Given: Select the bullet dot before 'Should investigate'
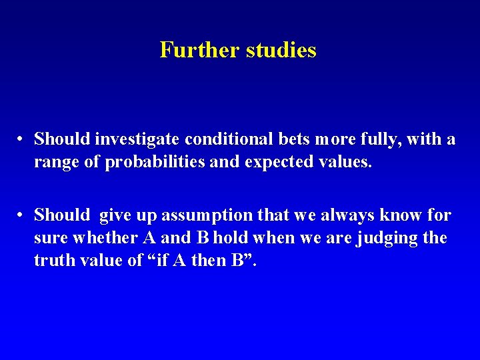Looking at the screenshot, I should click(x=22, y=139).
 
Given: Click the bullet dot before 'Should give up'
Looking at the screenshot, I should click(x=22, y=215).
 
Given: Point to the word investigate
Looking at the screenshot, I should click(x=137, y=139).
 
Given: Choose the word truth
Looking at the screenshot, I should click(x=55, y=261).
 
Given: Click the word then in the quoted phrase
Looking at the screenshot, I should click(x=211, y=261).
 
